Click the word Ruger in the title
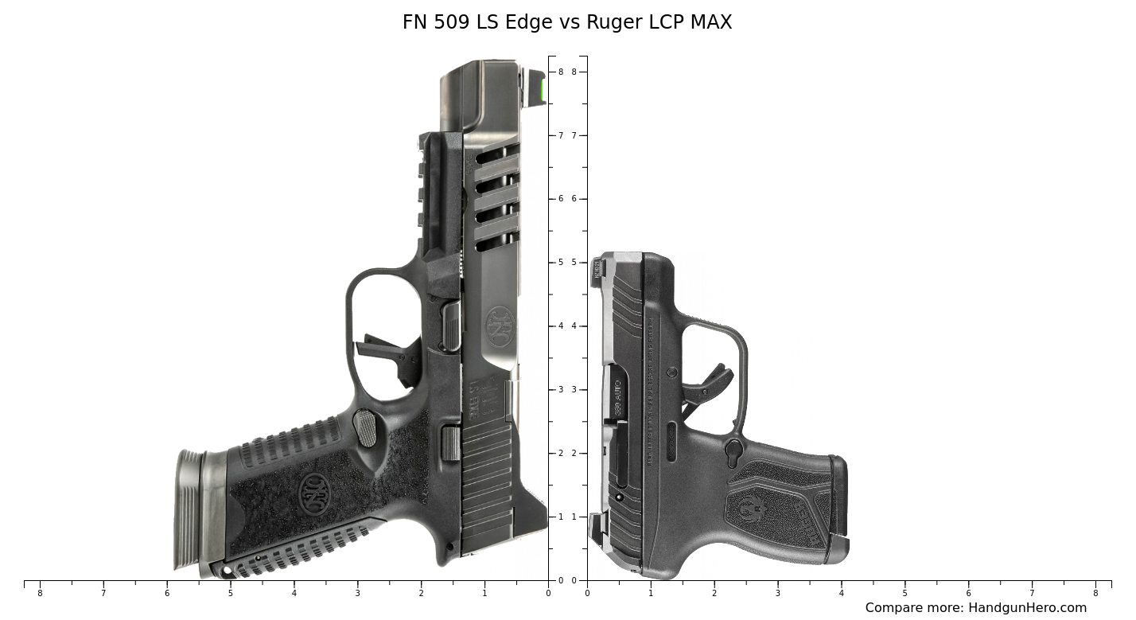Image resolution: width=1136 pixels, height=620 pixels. [610, 22]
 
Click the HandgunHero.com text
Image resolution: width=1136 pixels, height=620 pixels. [1026, 608]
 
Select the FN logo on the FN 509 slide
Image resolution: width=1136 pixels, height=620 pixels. [501, 326]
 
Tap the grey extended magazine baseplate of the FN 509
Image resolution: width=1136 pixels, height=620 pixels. [189, 509]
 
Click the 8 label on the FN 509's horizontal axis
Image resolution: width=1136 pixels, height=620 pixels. [40, 594]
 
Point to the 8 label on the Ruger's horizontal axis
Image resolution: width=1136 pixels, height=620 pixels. [1095, 594]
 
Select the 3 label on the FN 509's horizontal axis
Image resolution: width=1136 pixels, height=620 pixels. [357, 594]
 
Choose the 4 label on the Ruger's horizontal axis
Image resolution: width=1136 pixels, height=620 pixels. [841, 594]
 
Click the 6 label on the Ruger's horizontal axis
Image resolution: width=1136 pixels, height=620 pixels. [968, 594]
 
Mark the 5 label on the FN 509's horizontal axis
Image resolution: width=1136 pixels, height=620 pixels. [231, 594]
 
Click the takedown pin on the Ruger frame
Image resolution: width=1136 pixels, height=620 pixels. [672, 372]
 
